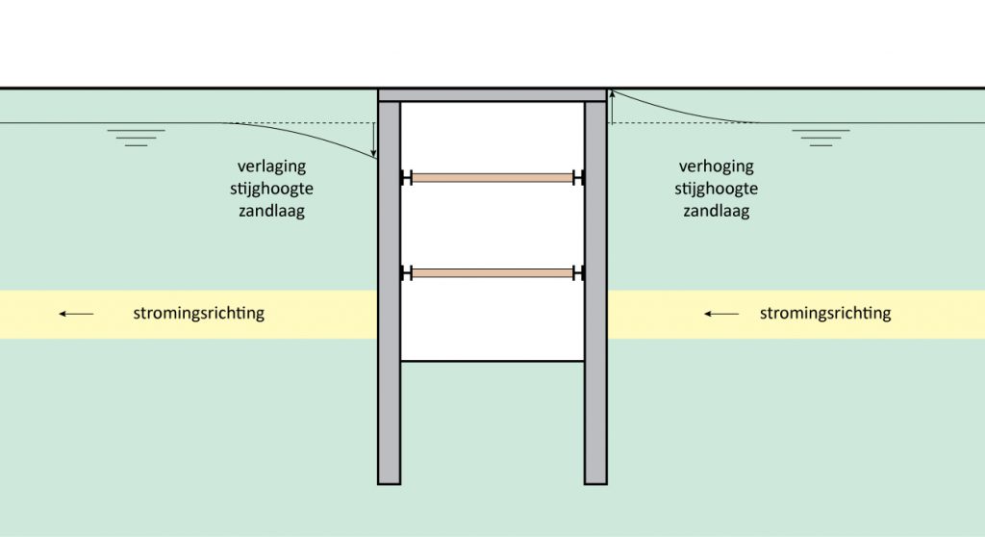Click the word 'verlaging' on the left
click(x=271, y=166)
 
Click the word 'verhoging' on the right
click(x=716, y=166)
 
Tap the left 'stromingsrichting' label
click(x=198, y=314)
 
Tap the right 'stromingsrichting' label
click(x=824, y=314)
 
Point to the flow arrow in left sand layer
click(x=76, y=314)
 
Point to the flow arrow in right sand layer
click(x=721, y=314)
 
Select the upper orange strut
click(x=492, y=177)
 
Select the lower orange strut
click(x=492, y=273)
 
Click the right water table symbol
click(x=821, y=136)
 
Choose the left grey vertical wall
click(x=389, y=289)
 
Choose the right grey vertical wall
click(x=595, y=289)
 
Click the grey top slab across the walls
click(x=492, y=94)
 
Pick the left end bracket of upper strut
click(x=407, y=177)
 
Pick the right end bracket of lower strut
click(x=578, y=273)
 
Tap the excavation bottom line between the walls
click(x=492, y=361)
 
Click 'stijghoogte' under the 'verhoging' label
click(x=716, y=189)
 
